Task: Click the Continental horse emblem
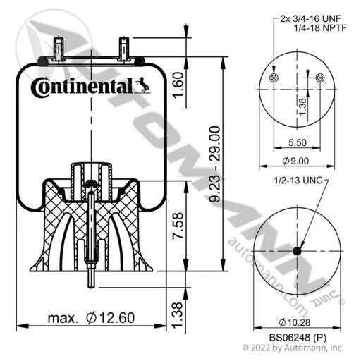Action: [x=142, y=85]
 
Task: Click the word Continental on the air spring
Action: [x=82, y=87]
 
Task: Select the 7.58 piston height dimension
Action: [x=178, y=226]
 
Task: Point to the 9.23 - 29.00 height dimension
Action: [x=215, y=164]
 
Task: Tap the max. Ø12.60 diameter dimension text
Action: [x=91, y=318]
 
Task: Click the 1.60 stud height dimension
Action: [x=178, y=85]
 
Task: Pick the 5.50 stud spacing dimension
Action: [x=298, y=142]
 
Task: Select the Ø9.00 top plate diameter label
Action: [x=295, y=161]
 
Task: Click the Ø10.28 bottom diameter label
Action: [x=295, y=322]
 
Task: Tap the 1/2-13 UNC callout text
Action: [x=298, y=180]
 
